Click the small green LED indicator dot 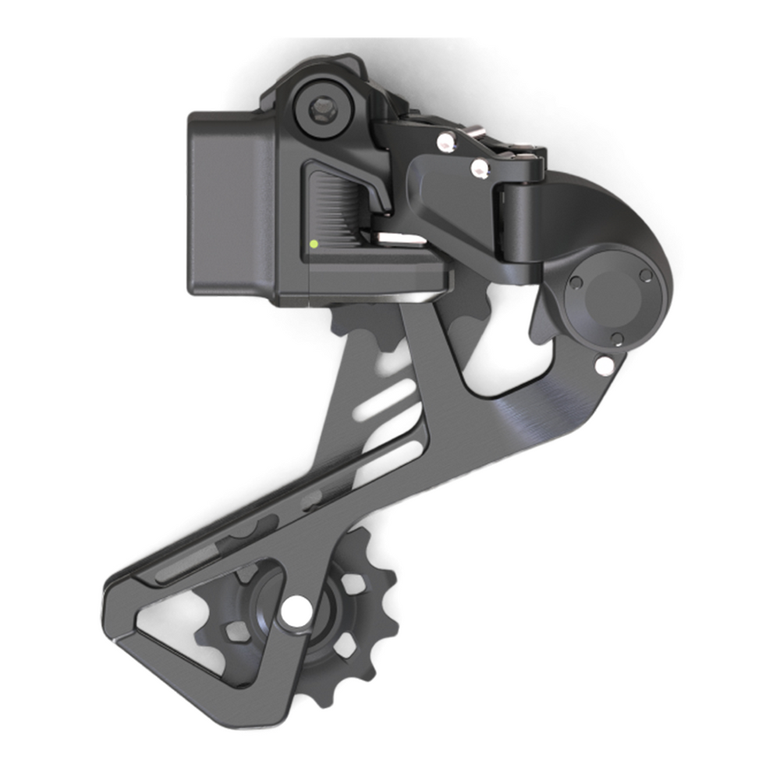tap(313, 243)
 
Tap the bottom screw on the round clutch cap tap(616, 338)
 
